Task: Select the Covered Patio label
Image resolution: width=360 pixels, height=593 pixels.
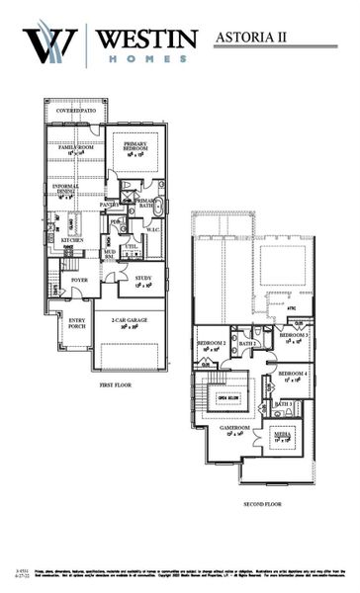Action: (x=76, y=111)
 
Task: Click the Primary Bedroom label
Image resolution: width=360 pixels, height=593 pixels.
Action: (x=135, y=148)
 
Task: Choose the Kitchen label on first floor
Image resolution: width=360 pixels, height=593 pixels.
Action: (x=73, y=240)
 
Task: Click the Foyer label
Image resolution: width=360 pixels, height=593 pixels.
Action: (x=80, y=280)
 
